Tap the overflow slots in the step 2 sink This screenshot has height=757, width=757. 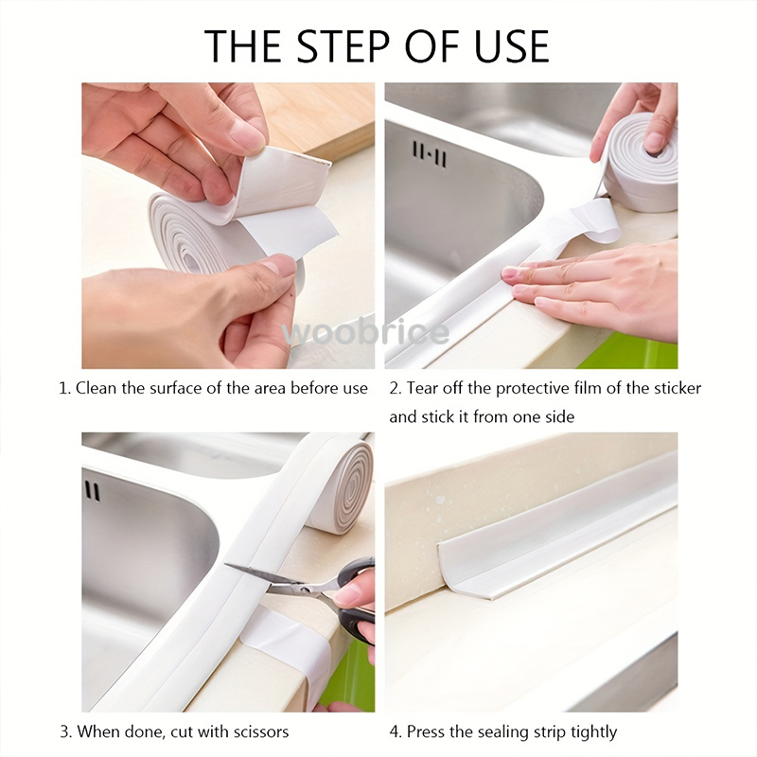point(428,154)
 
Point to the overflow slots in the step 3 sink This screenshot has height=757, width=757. point(92,491)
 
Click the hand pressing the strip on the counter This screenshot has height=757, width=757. point(606,289)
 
